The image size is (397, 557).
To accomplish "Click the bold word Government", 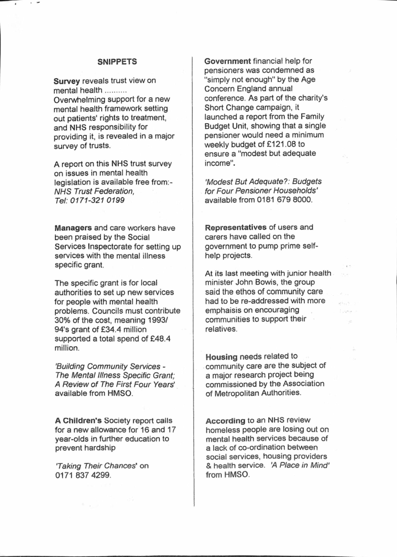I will coord(227,61).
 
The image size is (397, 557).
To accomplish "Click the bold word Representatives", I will coord(240,227).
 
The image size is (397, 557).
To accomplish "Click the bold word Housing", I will coord(221,357).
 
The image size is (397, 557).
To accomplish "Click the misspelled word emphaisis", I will coord(226,309).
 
